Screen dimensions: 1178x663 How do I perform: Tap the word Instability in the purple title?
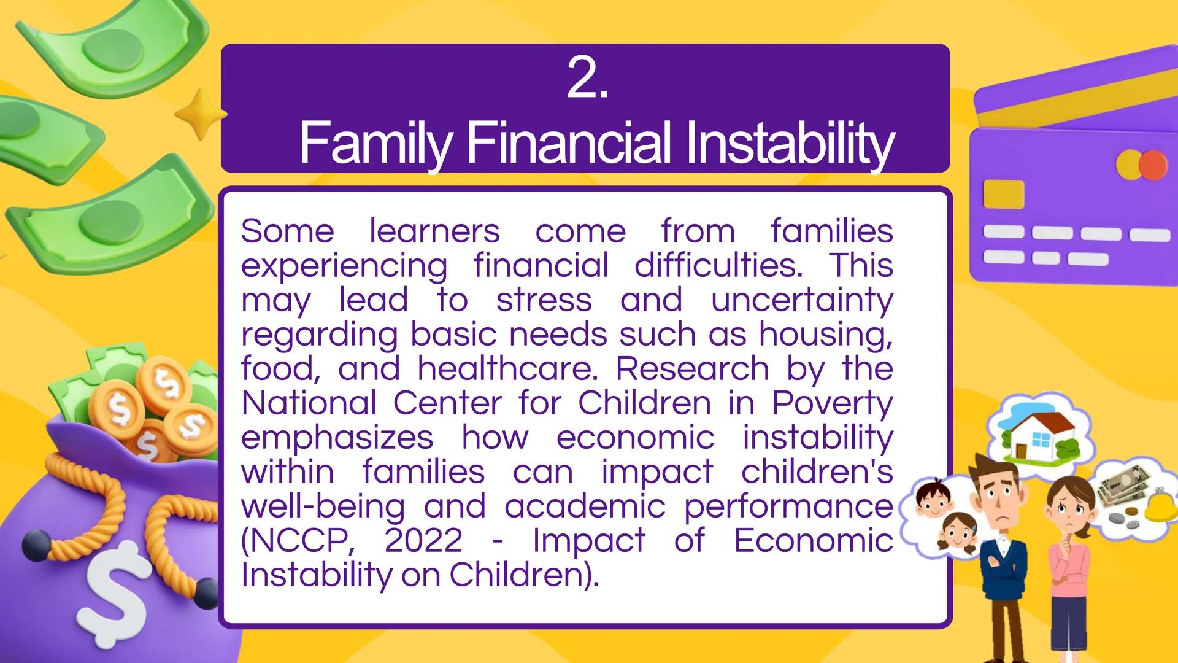tap(790, 144)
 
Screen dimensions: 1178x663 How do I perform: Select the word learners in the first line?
tap(434, 231)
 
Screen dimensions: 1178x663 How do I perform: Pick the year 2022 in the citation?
tap(423, 541)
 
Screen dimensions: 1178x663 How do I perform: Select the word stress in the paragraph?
tap(544, 301)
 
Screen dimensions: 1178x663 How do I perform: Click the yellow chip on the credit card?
tap(1003, 195)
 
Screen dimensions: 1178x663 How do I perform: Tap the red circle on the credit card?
tap(1153, 165)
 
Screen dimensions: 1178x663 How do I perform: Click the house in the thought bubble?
tap(1041, 436)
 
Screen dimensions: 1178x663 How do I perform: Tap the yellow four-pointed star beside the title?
tap(201, 114)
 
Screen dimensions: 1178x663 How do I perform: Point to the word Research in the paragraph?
tap(692, 369)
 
